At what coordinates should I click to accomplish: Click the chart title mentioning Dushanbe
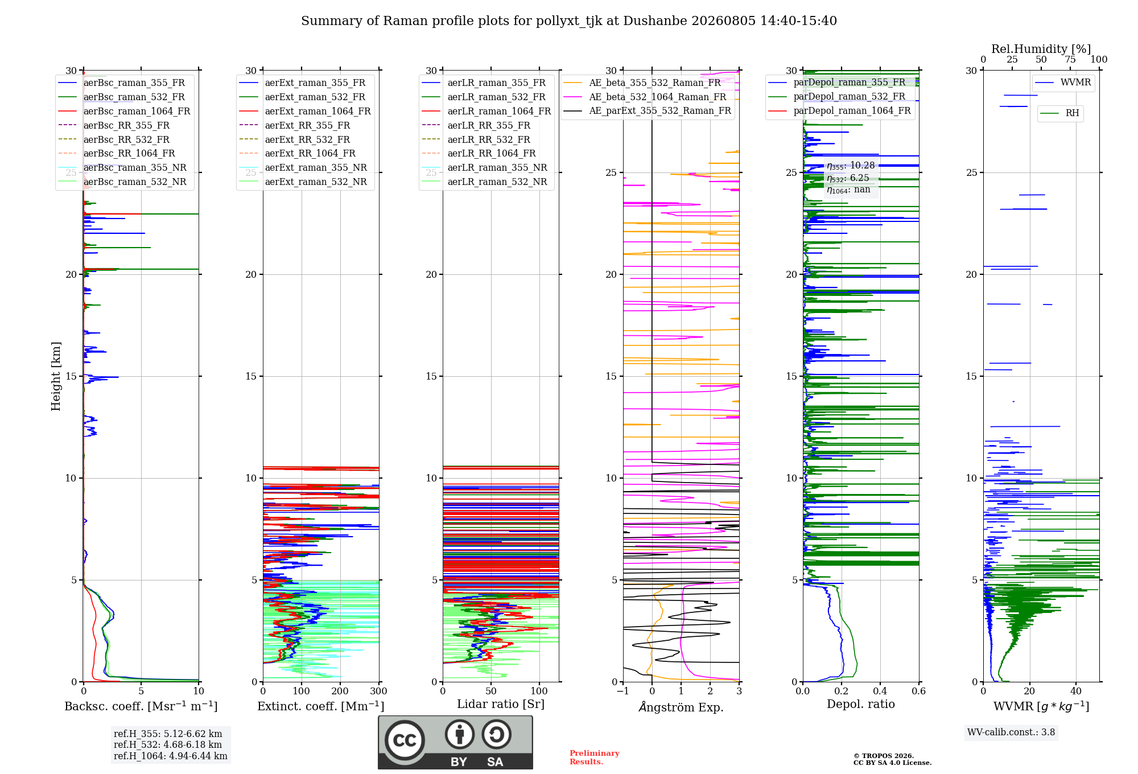(x=569, y=21)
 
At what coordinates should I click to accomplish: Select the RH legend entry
(x=1059, y=113)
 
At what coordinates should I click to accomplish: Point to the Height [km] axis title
(x=56, y=376)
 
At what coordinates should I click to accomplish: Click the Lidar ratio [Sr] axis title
(x=501, y=704)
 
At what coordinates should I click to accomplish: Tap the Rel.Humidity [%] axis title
(x=1041, y=49)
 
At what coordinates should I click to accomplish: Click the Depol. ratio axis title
(x=861, y=704)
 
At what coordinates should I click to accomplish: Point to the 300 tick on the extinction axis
(x=378, y=691)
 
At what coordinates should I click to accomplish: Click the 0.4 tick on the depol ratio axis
(x=880, y=691)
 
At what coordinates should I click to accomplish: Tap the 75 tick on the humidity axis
(x=1070, y=60)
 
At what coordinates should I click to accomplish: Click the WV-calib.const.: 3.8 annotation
(x=1011, y=732)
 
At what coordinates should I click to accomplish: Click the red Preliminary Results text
(x=595, y=757)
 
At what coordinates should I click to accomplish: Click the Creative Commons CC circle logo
(x=405, y=740)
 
